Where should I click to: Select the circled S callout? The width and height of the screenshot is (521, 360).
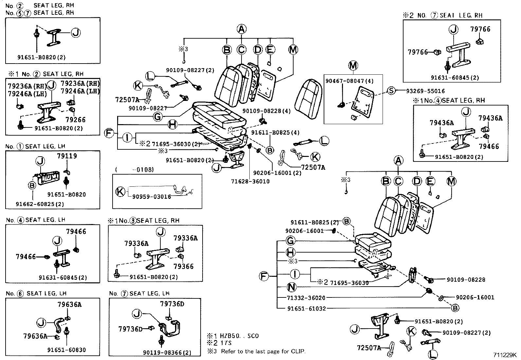[x=391, y=91]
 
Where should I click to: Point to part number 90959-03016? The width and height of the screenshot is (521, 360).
[x=152, y=197]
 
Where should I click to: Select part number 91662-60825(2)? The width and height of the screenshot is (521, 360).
[x=40, y=204]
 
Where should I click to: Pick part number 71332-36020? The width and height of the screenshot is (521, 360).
[x=306, y=298]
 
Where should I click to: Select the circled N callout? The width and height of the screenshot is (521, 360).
[x=291, y=287]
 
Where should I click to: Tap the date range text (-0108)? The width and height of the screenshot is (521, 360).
[x=135, y=169]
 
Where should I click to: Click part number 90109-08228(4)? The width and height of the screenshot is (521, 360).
[x=266, y=111]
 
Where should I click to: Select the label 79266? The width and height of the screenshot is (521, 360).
[x=75, y=120]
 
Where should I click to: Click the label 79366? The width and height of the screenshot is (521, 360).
[x=183, y=266]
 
